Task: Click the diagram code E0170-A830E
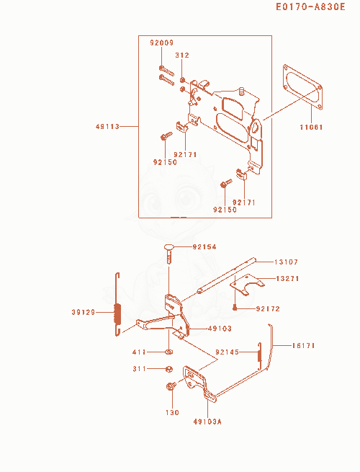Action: (x=310, y=6)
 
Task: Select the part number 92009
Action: (x=162, y=43)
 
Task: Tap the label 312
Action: (x=182, y=55)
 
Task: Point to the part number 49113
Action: (x=107, y=126)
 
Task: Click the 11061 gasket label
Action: (x=311, y=127)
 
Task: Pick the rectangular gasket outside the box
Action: (x=302, y=86)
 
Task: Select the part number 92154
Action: (x=204, y=247)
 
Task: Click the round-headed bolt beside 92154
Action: (x=169, y=254)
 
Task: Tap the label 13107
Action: (x=286, y=262)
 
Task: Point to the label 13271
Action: (x=287, y=278)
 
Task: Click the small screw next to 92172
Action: (x=235, y=308)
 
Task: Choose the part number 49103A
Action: (x=207, y=422)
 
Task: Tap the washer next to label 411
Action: (x=169, y=352)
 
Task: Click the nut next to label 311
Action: (x=169, y=369)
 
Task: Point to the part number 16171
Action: (x=303, y=346)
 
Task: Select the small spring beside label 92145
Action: (x=259, y=355)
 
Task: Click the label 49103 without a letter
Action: (x=220, y=328)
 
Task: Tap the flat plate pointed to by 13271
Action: (x=246, y=284)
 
